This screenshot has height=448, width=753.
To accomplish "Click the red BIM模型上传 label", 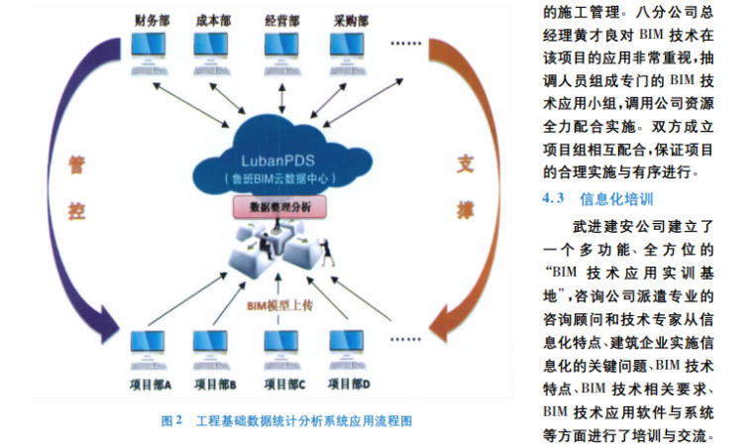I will click(279, 306).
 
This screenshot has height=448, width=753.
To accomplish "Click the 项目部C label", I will click(281, 385).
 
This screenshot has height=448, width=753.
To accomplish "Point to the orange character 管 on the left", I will click(75, 162).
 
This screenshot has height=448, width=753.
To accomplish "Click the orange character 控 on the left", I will click(77, 211).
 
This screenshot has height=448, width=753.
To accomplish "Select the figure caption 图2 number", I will click(171, 420).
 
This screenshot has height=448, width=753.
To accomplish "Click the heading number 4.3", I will click(553, 197).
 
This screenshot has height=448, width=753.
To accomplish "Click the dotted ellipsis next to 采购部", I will click(407, 45).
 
